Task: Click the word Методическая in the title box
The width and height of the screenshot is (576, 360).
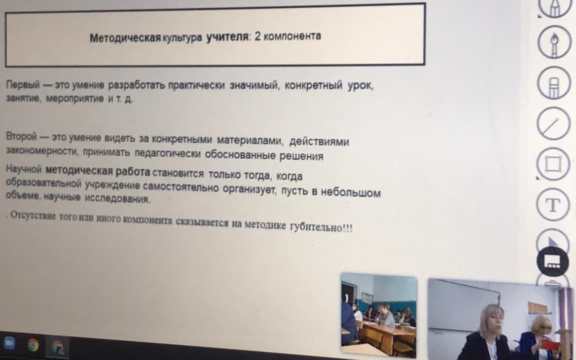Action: click(125, 38)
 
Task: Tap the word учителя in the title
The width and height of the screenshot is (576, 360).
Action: click(227, 36)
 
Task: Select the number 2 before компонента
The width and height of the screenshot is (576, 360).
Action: click(257, 36)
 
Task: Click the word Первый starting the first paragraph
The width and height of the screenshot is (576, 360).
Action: click(23, 85)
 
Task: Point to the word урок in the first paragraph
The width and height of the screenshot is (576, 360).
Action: click(360, 87)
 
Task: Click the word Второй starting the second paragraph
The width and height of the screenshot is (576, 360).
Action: click(22, 137)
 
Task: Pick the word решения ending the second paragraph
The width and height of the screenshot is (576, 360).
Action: click(301, 156)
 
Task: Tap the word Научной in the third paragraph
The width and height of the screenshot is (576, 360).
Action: click(24, 169)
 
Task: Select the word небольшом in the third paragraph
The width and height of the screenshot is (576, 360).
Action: click(351, 192)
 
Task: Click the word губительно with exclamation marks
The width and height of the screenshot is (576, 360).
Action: click(321, 227)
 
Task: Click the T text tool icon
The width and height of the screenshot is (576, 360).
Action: click(553, 205)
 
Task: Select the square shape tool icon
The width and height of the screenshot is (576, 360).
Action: click(553, 164)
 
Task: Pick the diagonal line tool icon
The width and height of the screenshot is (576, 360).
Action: click(553, 123)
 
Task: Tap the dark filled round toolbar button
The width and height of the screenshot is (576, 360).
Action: click(552, 261)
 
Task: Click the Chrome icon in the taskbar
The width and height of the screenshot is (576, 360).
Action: click(33, 345)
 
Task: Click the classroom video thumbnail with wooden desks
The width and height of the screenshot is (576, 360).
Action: click(379, 315)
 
